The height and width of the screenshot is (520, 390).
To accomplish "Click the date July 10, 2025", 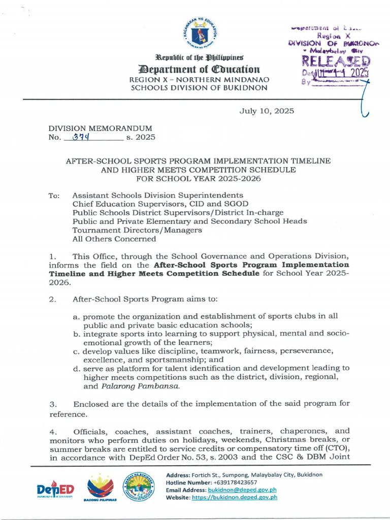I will (267, 111).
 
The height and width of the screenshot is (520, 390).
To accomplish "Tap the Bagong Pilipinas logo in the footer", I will (100, 488).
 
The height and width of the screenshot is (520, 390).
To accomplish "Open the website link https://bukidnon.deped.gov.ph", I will (235, 497).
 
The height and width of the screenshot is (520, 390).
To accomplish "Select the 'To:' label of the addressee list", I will (54, 196).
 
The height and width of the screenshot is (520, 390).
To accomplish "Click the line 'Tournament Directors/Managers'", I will (137, 230).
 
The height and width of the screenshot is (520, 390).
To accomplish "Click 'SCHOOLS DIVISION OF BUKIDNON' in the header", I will (199, 88).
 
